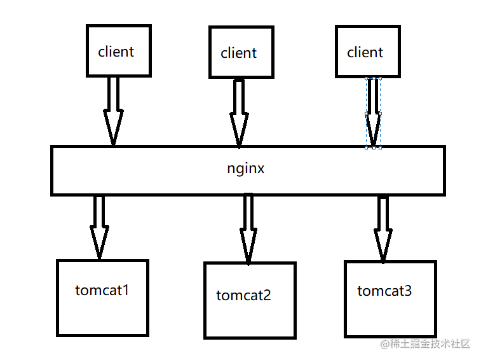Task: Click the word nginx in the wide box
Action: (x=246, y=169)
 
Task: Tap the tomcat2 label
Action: (x=243, y=295)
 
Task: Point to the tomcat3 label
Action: (x=384, y=291)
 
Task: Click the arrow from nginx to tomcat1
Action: (x=98, y=226)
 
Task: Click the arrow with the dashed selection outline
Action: (x=373, y=111)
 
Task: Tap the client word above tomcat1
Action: (x=116, y=52)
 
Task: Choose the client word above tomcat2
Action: (x=239, y=53)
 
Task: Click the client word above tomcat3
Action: (x=365, y=52)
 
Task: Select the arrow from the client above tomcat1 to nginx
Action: (x=113, y=109)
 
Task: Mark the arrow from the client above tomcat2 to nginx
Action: (x=239, y=111)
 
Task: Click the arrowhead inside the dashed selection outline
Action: (x=373, y=130)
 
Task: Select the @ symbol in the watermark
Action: (x=385, y=344)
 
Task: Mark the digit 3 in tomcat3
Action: (x=407, y=291)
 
